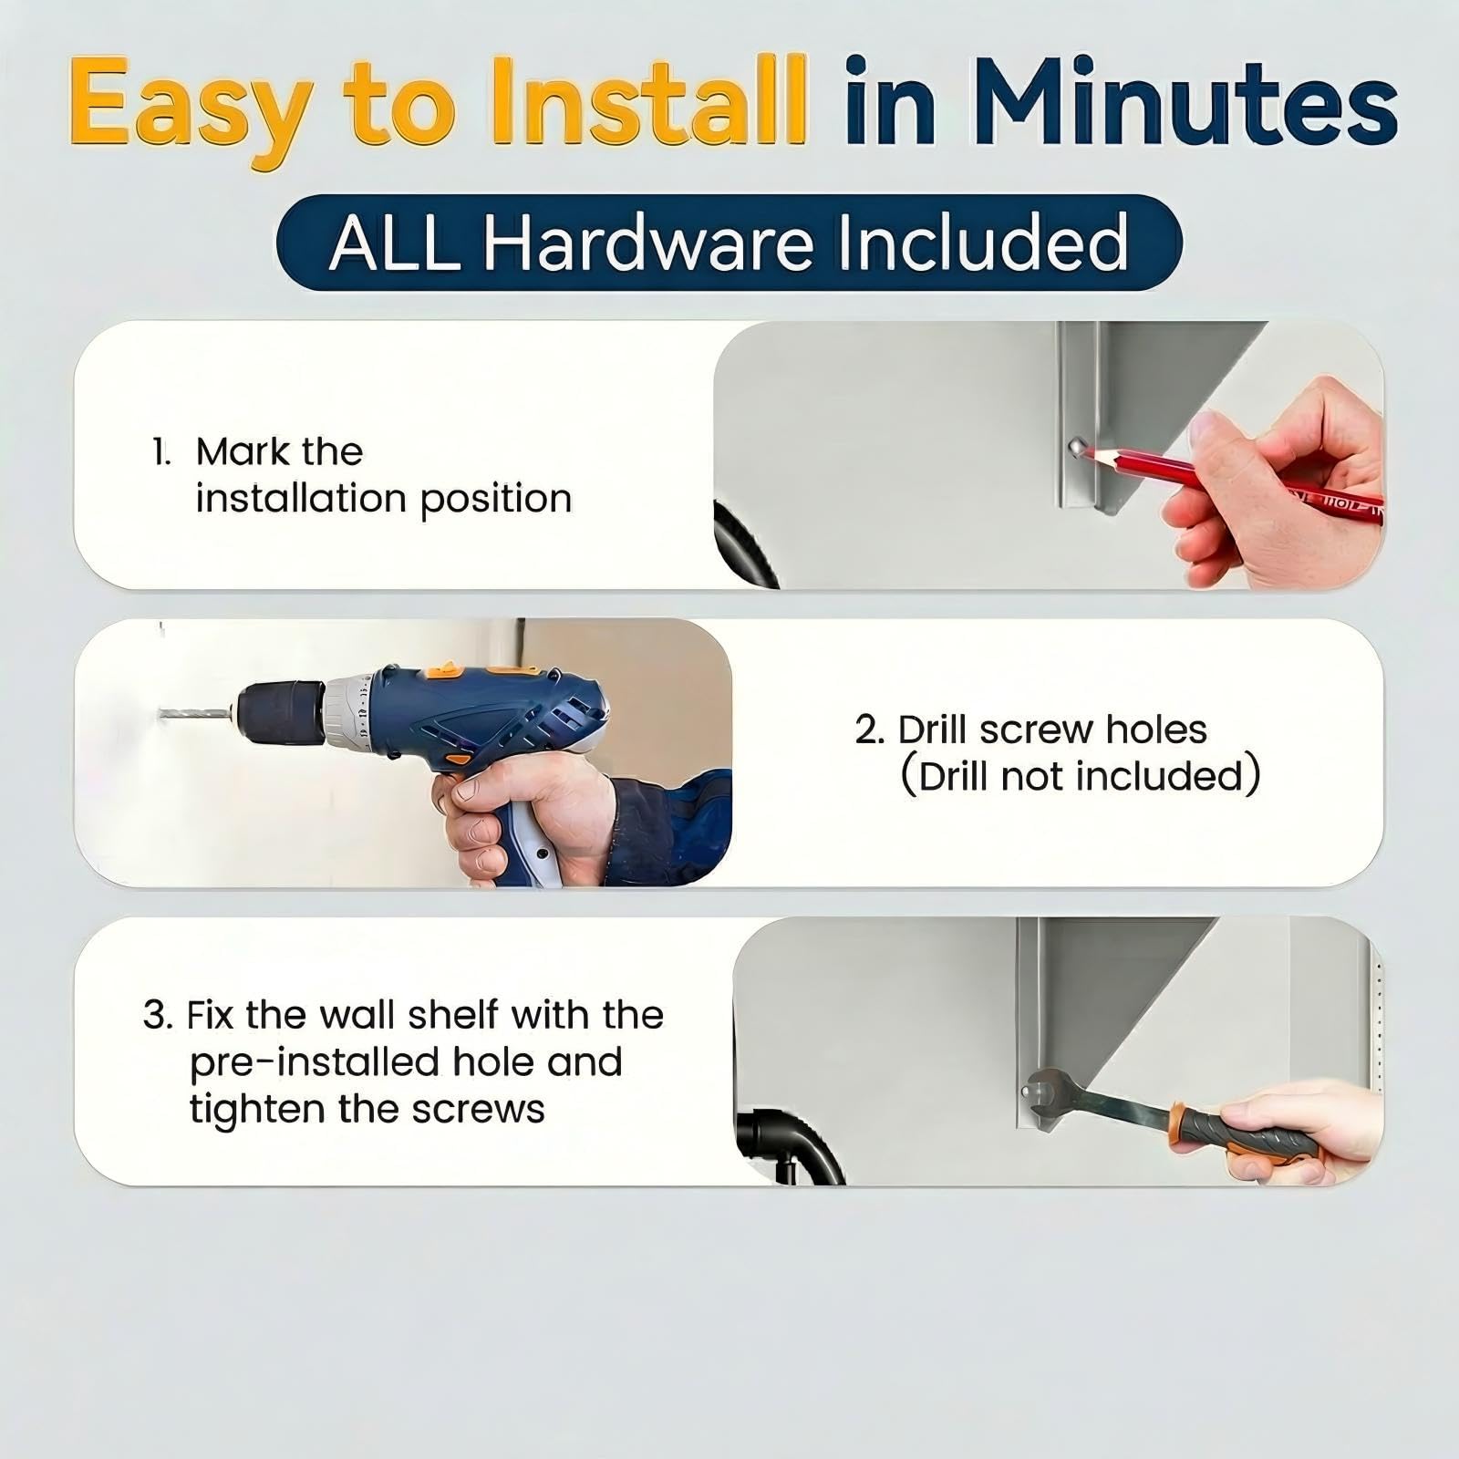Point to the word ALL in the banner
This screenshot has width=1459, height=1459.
395,243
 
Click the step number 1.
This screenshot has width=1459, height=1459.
161,452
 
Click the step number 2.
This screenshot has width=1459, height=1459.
869,730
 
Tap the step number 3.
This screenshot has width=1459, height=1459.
157,1016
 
